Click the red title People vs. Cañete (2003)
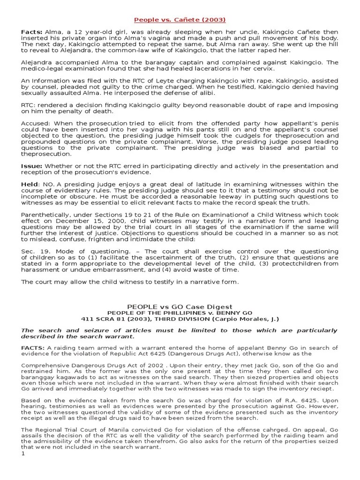[x=180, y=20]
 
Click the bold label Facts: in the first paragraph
[x=30, y=31]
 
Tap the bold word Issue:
[x=31, y=166]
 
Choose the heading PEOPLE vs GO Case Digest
[x=180, y=306]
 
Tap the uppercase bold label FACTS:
[x=33, y=348]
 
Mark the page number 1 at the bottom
[x=22, y=454]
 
